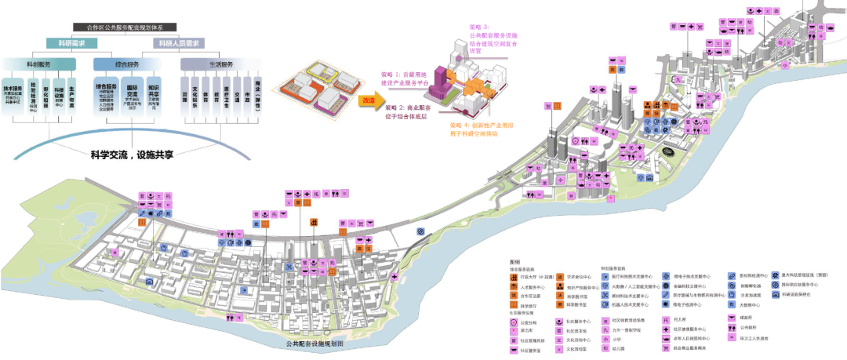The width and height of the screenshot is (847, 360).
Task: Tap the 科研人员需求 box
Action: (x=180, y=44)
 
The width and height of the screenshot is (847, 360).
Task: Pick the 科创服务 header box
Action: (x=39, y=64)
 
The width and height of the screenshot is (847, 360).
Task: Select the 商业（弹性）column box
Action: (x=256, y=95)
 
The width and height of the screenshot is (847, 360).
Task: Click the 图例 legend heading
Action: (x=514, y=262)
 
